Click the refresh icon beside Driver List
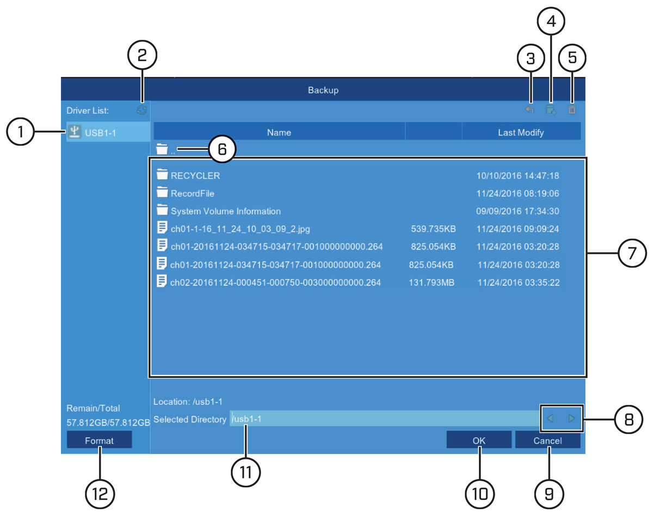click(x=141, y=110)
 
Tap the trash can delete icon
click(x=572, y=110)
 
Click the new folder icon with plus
click(x=551, y=110)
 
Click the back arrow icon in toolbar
click(x=529, y=110)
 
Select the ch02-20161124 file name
click(x=275, y=282)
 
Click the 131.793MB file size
click(x=432, y=282)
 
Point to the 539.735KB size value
click(x=433, y=229)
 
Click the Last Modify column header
click(x=521, y=132)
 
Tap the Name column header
click(x=279, y=132)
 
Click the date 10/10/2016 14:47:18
click(x=518, y=176)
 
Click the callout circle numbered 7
click(x=632, y=253)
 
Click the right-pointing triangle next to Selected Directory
click(x=571, y=418)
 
